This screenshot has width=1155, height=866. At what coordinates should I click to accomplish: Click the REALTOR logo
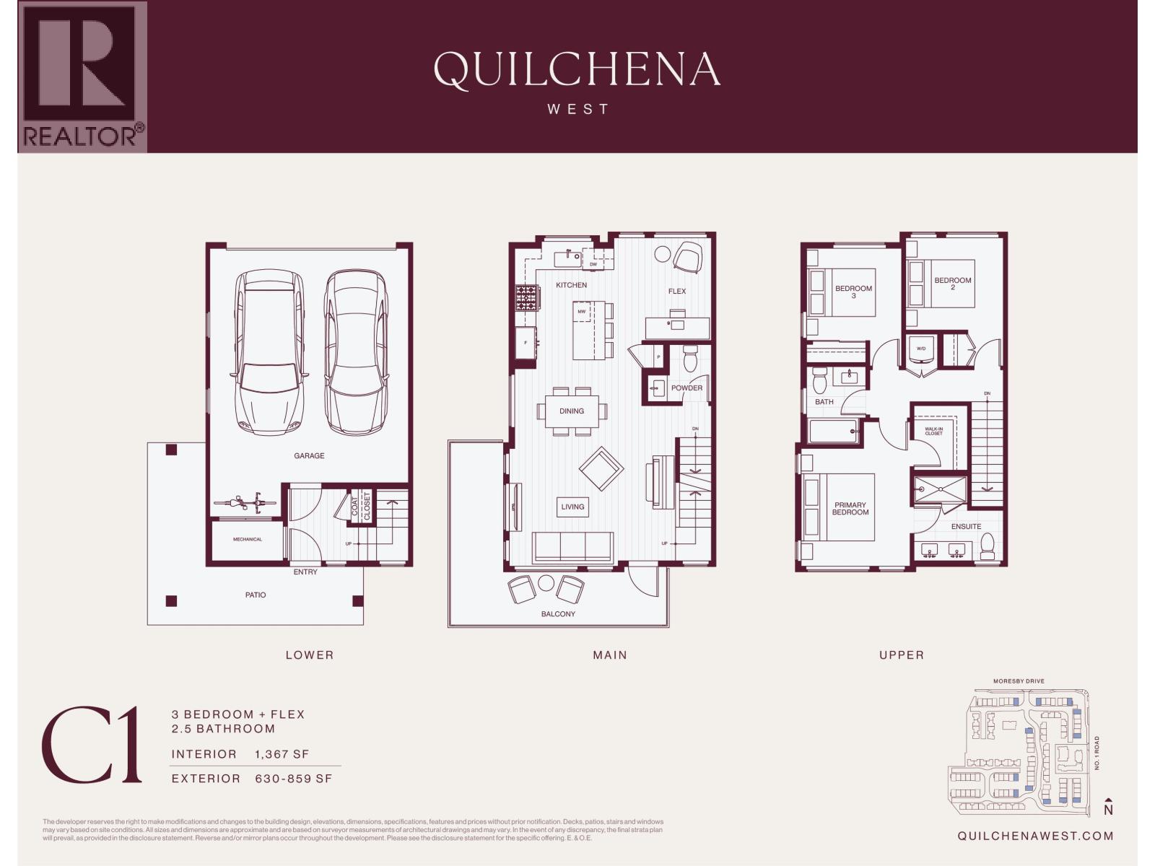(x=82, y=76)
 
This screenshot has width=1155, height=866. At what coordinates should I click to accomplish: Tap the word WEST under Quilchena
(x=577, y=109)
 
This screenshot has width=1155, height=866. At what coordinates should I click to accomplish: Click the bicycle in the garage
(x=245, y=502)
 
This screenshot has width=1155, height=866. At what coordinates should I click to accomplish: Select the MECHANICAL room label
(x=248, y=539)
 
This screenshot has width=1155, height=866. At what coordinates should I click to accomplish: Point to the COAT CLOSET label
(x=361, y=506)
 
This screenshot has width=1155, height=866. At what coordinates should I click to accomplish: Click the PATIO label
(x=256, y=595)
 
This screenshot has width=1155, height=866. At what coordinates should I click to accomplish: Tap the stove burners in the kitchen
(x=526, y=298)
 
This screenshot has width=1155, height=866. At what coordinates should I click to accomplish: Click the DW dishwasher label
(x=593, y=264)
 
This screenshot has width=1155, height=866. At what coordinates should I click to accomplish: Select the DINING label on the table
(x=571, y=411)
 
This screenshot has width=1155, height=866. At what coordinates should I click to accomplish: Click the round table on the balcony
(x=546, y=583)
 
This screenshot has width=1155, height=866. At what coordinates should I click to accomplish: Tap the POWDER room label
(x=687, y=388)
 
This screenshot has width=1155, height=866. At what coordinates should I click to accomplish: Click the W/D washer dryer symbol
(x=921, y=349)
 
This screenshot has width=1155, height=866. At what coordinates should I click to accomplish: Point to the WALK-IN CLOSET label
(x=933, y=431)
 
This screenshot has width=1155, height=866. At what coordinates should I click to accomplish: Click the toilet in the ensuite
(x=988, y=550)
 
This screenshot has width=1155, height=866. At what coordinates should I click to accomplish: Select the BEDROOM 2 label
(x=953, y=284)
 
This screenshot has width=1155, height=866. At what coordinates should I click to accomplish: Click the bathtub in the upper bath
(x=833, y=432)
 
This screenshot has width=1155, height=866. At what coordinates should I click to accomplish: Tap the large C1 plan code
(x=92, y=746)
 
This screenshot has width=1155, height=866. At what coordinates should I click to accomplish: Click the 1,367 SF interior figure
(x=282, y=754)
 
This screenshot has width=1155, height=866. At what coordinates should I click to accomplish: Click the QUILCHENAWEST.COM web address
(x=1035, y=836)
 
